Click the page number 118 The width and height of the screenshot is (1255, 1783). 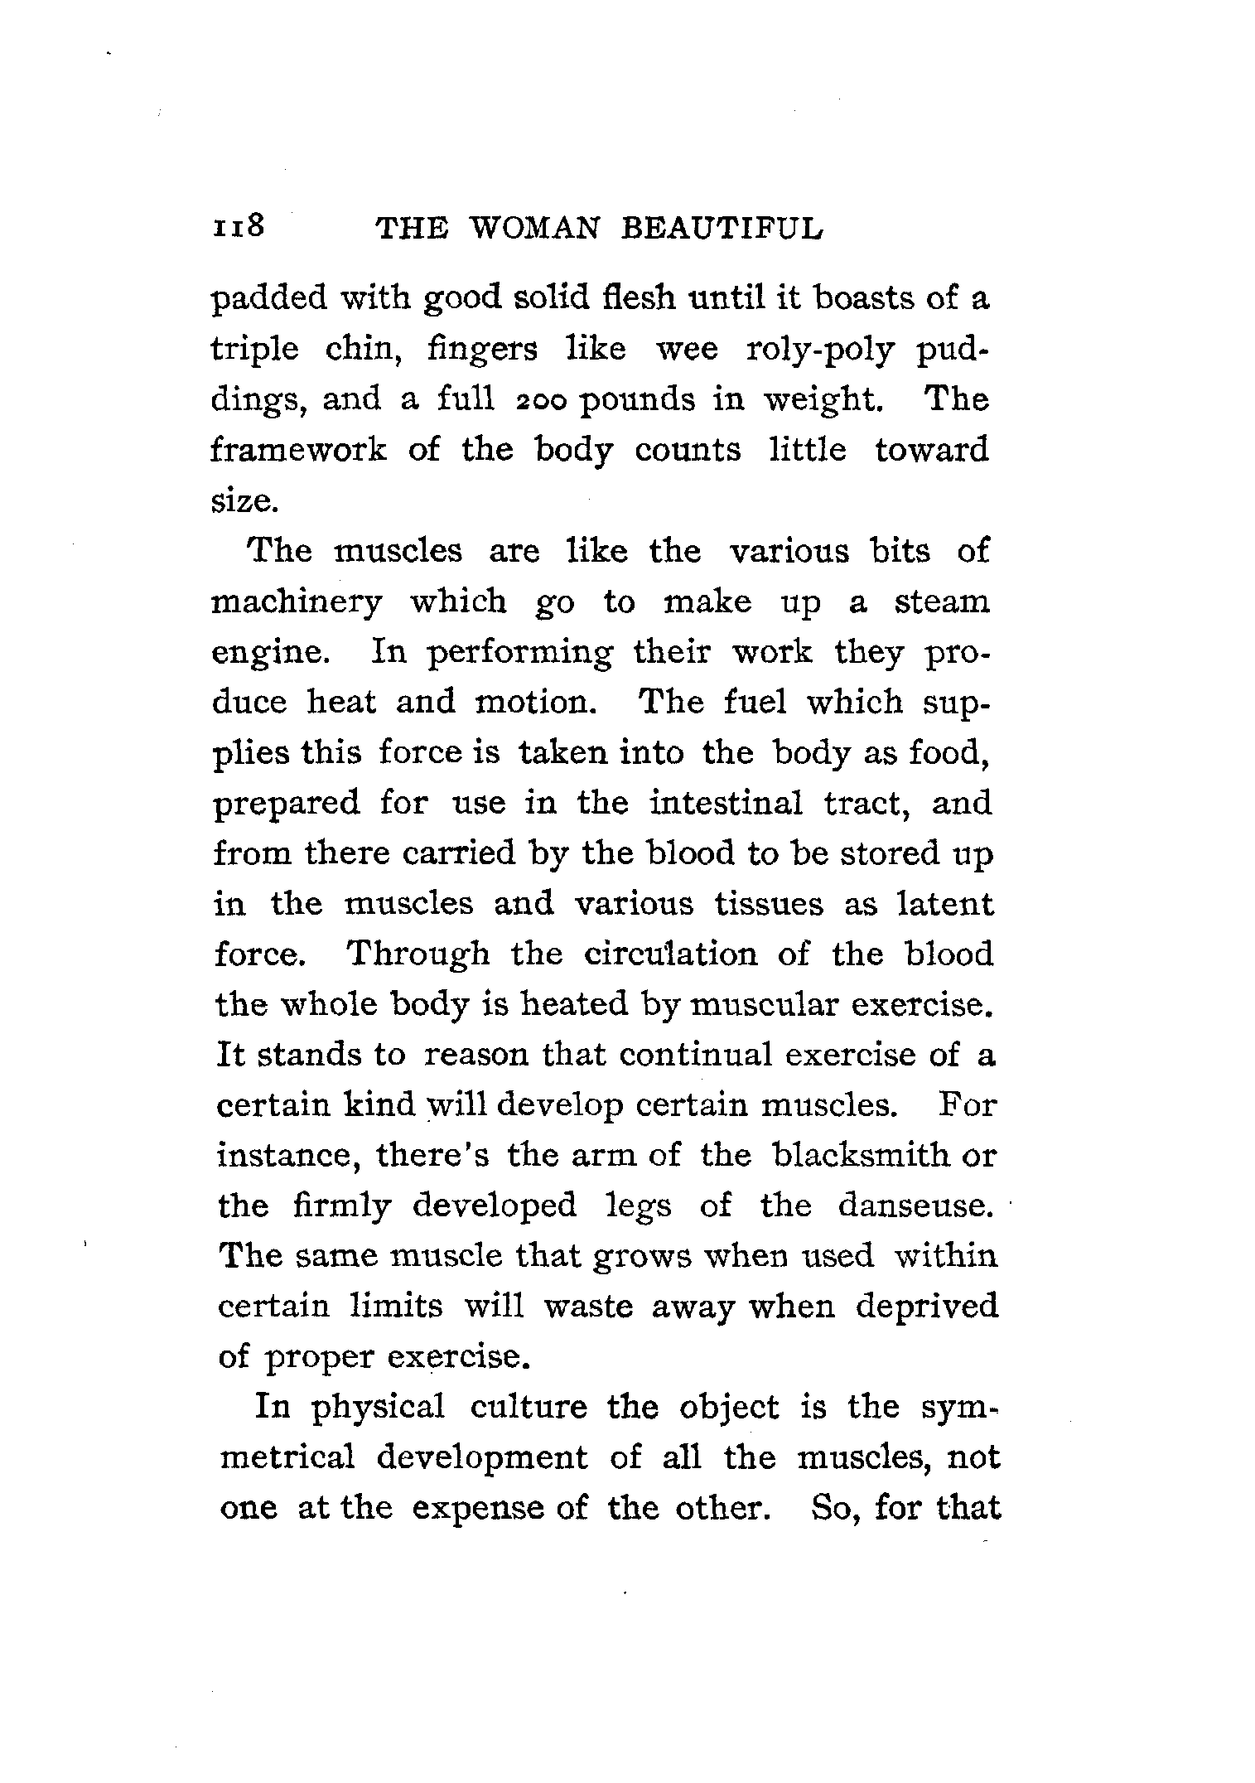click(x=239, y=225)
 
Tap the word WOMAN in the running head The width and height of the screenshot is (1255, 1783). click(x=532, y=228)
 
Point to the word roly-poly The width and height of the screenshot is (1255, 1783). click(x=820, y=350)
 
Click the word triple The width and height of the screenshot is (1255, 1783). click(x=254, y=350)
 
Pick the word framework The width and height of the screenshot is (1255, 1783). click(x=299, y=451)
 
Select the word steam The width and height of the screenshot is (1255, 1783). click(x=941, y=602)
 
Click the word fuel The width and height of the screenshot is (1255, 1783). click(x=755, y=703)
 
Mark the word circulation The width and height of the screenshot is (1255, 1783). click(x=670, y=954)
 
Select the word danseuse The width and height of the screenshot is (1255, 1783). click(x=915, y=1205)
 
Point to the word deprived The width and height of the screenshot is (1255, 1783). click(x=926, y=1306)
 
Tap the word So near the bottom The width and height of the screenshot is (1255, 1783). click(x=833, y=1508)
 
